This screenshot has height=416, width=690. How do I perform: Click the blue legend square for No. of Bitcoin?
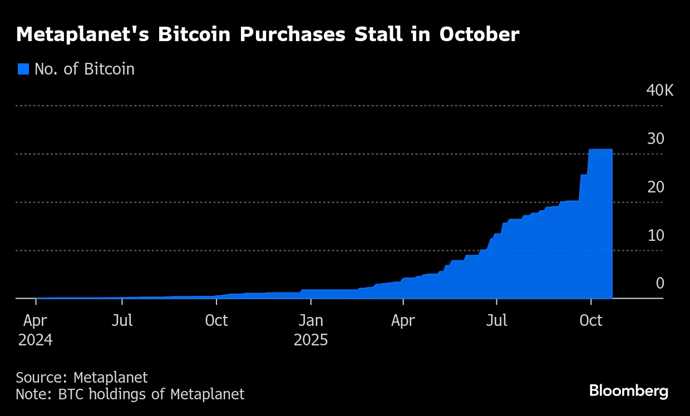[x=23, y=69]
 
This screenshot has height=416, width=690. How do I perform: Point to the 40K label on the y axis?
[x=659, y=91]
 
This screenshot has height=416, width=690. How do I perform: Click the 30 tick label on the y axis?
[x=655, y=139]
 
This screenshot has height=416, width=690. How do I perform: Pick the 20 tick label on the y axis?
[x=655, y=187]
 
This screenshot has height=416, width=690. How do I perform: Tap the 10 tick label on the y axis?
[x=655, y=236]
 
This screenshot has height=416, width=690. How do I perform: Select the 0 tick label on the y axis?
[x=660, y=284]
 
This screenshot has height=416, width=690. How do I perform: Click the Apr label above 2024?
[x=36, y=321]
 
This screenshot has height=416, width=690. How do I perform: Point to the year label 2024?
[x=36, y=340]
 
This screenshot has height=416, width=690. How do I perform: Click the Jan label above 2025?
[x=310, y=321]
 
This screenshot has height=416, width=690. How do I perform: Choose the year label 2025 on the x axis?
[x=310, y=340]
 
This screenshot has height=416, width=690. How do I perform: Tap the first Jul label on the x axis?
[x=122, y=321]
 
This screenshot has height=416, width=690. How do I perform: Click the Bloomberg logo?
[x=629, y=391]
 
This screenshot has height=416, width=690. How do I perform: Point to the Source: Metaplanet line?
[x=82, y=378]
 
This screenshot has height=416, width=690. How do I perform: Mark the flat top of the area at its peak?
[x=600, y=150]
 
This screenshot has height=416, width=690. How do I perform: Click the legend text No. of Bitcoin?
[x=85, y=69]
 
